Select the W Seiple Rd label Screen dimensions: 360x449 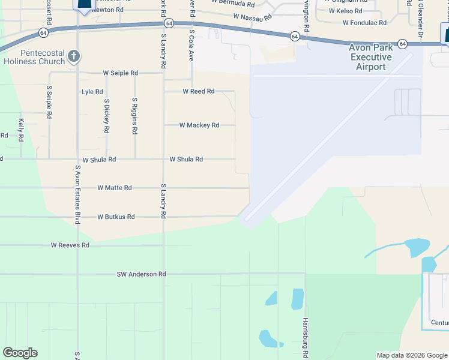(x=120, y=73)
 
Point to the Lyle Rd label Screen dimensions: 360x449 (x=92, y=92)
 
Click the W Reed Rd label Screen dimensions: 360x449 (x=198, y=92)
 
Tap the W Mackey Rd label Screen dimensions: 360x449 (x=199, y=125)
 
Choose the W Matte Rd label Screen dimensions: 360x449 (x=114, y=188)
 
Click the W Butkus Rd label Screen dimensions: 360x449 (x=116, y=217)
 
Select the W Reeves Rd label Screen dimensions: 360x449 (x=70, y=245)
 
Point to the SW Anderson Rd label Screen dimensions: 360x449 (x=141, y=274)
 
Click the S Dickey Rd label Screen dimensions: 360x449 (x=106, y=116)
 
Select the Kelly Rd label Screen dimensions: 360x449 (x=20, y=130)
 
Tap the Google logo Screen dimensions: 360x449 (x=20, y=353)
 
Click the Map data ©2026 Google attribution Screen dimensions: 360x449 (x=412, y=355)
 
